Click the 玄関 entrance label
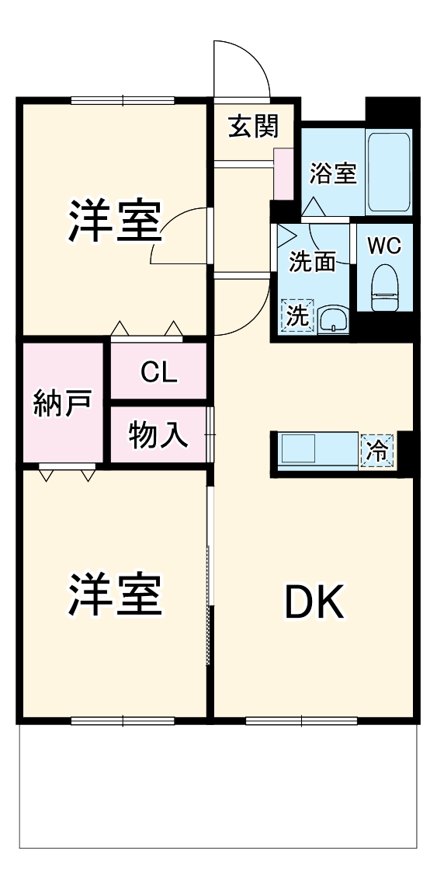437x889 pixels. pos(252,125)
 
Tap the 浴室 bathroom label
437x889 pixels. pos(333,173)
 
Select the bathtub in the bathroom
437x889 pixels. pos(388,173)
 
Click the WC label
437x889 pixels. pos(384,246)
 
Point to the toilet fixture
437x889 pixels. pos(384,288)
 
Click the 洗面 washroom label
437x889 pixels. pos(312,263)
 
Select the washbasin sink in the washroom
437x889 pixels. pos(334,318)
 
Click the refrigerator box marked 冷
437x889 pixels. pos(378,451)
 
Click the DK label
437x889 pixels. pos(314,602)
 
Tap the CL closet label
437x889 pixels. pos(158,372)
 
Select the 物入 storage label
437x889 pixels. pos(158,435)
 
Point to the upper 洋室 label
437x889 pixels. pos(114,221)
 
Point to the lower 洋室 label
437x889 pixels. pos(114,594)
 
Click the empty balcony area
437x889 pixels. pos(217,785)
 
